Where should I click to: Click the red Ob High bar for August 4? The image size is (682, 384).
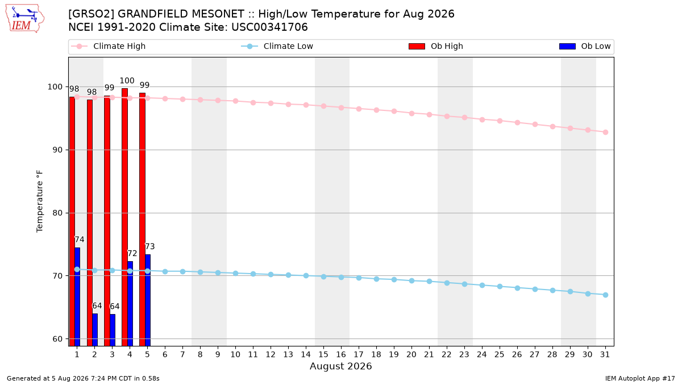(x=124, y=217)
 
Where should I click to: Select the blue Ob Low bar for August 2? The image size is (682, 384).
(x=95, y=330)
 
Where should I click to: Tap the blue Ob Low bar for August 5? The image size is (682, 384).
(x=148, y=300)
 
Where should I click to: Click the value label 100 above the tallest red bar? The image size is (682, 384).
(x=127, y=81)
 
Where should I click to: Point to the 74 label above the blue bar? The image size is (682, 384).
(x=79, y=240)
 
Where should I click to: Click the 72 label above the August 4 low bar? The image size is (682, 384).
(x=132, y=253)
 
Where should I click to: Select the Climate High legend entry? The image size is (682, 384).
(x=109, y=46)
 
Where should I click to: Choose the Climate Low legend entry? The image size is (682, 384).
(x=277, y=46)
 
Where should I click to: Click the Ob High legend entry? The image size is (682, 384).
(x=436, y=46)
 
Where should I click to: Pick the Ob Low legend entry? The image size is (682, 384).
(x=585, y=46)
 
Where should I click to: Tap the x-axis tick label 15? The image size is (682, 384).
(x=323, y=354)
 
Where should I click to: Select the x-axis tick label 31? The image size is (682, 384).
(x=605, y=354)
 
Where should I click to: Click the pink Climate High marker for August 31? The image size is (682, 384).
(x=606, y=132)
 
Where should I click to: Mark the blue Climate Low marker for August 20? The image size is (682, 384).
(x=411, y=280)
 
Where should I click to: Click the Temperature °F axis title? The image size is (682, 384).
(x=40, y=201)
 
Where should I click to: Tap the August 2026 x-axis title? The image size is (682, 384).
(x=340, y=366)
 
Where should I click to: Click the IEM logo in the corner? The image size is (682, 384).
(x=24, y=19)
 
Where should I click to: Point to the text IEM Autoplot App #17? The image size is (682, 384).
(x=640, y=378)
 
